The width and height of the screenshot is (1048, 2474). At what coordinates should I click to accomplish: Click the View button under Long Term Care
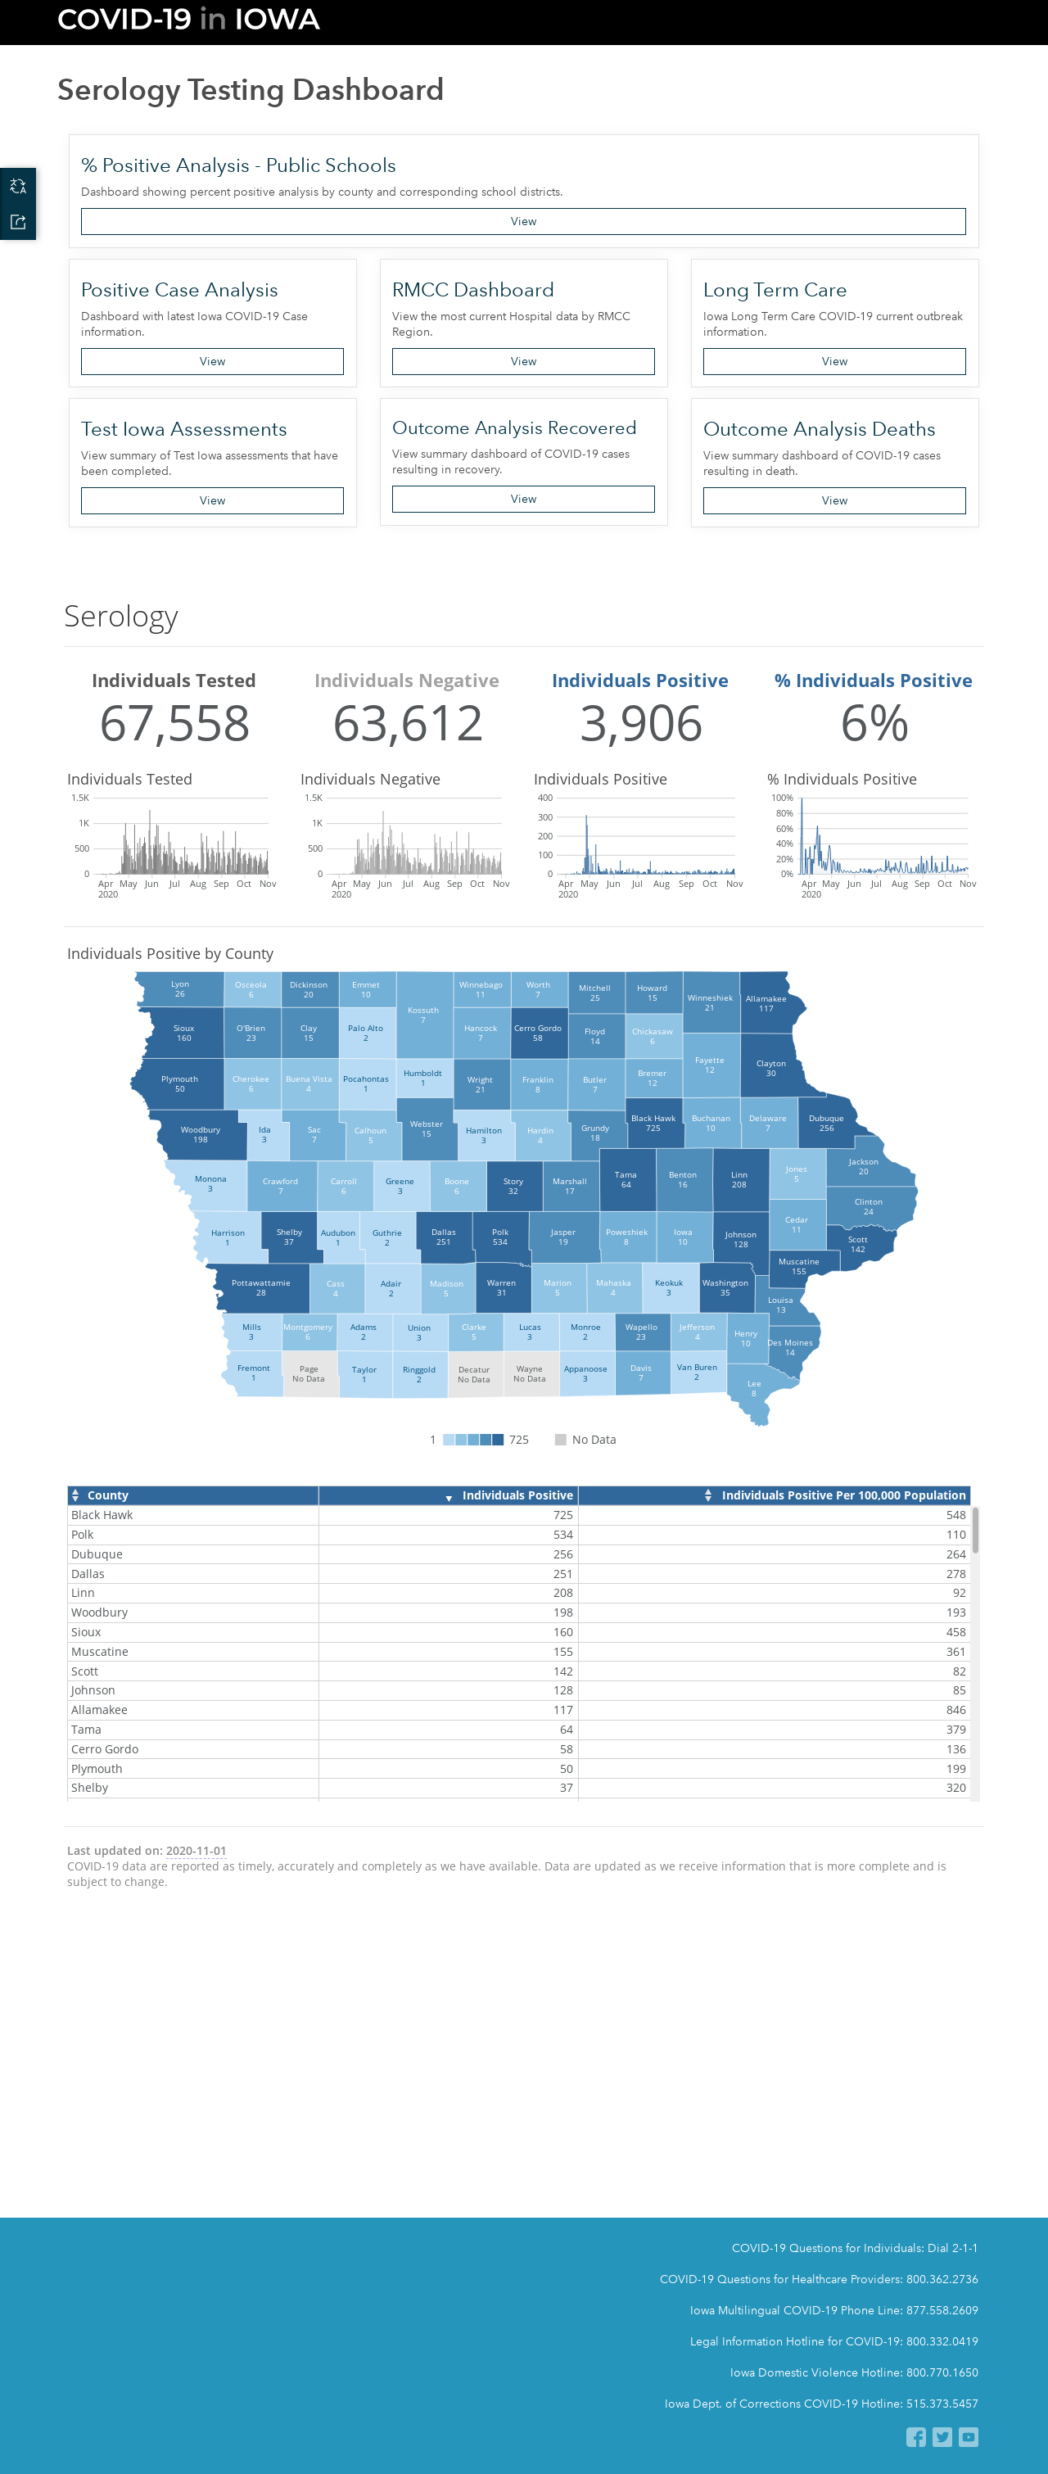tap(833, 361)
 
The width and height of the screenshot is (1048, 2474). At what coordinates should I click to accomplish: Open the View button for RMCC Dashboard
tap(522, 361)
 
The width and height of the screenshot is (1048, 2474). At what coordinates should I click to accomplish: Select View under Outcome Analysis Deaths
tap(833, 500)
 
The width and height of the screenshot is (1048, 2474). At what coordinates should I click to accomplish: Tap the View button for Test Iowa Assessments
tap(212, 500)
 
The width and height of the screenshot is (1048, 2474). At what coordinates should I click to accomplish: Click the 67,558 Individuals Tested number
tap(175, 723)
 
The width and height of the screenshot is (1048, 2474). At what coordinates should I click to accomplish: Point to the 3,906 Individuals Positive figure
tap(641, 723)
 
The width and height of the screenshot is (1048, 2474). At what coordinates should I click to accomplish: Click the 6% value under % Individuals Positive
tap(874, 723)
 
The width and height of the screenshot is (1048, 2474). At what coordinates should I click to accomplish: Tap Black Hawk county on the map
tap(653, 1124)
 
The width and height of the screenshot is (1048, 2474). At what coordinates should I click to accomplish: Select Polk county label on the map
tap(500, 1237)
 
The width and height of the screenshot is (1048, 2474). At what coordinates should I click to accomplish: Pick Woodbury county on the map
tap(200, 1134)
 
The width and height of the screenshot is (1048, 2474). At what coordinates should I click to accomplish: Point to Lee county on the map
tap(754, 1389)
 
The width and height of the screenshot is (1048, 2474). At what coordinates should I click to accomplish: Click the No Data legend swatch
tap(561, 1440)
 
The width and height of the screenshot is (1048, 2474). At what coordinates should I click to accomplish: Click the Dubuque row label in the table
tap(97, 1554)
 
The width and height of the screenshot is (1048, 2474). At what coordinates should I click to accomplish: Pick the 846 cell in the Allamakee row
tap(955, 1709)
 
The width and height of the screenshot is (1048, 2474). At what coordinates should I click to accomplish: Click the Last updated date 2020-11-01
tap(196, 1851)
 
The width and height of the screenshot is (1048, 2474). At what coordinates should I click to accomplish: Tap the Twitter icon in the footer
tap(942, 2436)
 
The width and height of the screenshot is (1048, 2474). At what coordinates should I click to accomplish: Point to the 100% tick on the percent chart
tap(782, 798)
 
